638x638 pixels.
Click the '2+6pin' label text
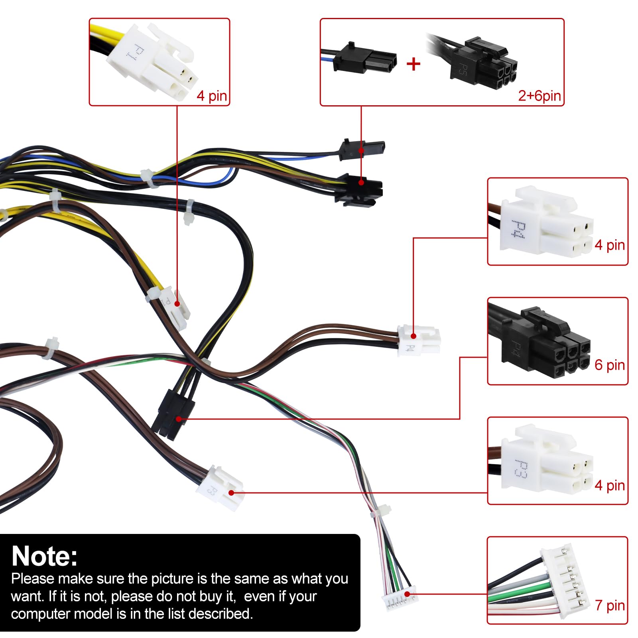[x=539, y=96]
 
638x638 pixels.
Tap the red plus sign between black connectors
[x=414, y=64]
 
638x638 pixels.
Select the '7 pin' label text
[x=610, y=605]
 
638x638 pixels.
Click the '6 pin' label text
[x=609, y=365]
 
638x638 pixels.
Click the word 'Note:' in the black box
[x=45, y=556]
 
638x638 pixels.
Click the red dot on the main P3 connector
[x=231, y=493]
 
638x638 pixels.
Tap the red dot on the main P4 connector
[x=414, y=336]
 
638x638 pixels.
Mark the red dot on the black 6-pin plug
[x=179, y=419]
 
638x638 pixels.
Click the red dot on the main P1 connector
[x=177, y=304]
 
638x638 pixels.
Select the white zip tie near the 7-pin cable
[x=381, y=511]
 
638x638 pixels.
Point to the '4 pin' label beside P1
[x=212, y=96]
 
